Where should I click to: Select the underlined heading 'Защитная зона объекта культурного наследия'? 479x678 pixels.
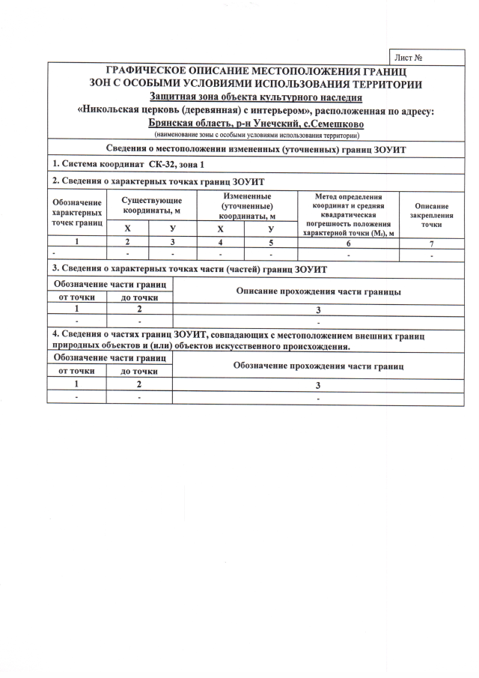256,97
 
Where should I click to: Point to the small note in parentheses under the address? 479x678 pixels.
256,135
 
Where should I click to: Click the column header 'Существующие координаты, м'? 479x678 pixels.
152,205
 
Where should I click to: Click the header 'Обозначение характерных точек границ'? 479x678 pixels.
77,213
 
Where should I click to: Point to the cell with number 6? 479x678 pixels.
348,243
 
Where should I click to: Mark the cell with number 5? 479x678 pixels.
271,243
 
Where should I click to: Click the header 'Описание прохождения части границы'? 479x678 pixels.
317,291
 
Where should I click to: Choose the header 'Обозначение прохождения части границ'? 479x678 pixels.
318,366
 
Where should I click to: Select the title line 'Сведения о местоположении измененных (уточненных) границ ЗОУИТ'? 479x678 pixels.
256,151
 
